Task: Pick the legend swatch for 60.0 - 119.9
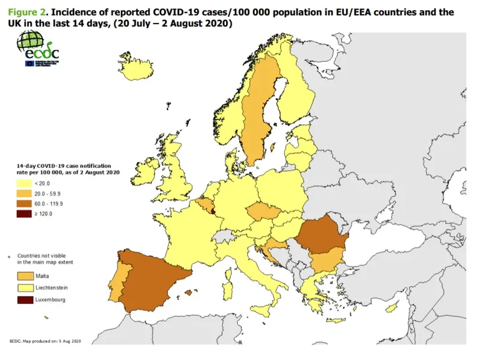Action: click(25, 204)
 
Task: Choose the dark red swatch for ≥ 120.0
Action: click(25, 214)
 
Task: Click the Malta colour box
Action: click(25, 276)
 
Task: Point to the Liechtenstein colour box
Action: click(25, 288)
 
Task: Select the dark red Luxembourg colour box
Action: click(25, 300)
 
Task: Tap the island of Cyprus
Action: click(392, 308)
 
